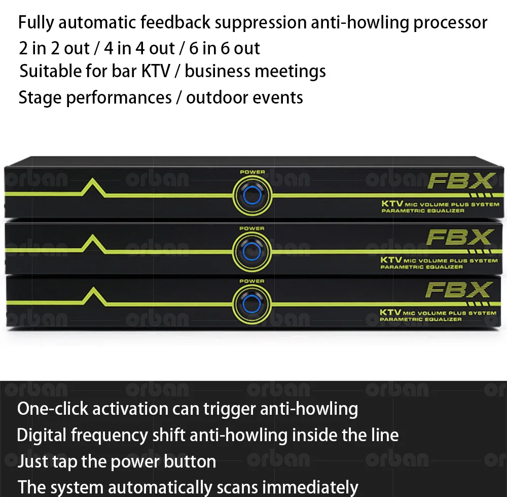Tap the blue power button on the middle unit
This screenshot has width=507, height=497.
click(252, 251)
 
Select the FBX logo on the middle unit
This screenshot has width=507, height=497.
click(459, 237)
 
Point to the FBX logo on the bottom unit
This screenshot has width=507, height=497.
click(459, 290)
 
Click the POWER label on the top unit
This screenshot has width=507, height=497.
click(252, 172)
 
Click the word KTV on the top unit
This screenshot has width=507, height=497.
click(391, 204)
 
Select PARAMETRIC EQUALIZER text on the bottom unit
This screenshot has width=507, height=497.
click(421, 319)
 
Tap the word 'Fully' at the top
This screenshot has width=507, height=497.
click(37, 23)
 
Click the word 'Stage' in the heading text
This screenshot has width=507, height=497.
click(40, 97)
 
